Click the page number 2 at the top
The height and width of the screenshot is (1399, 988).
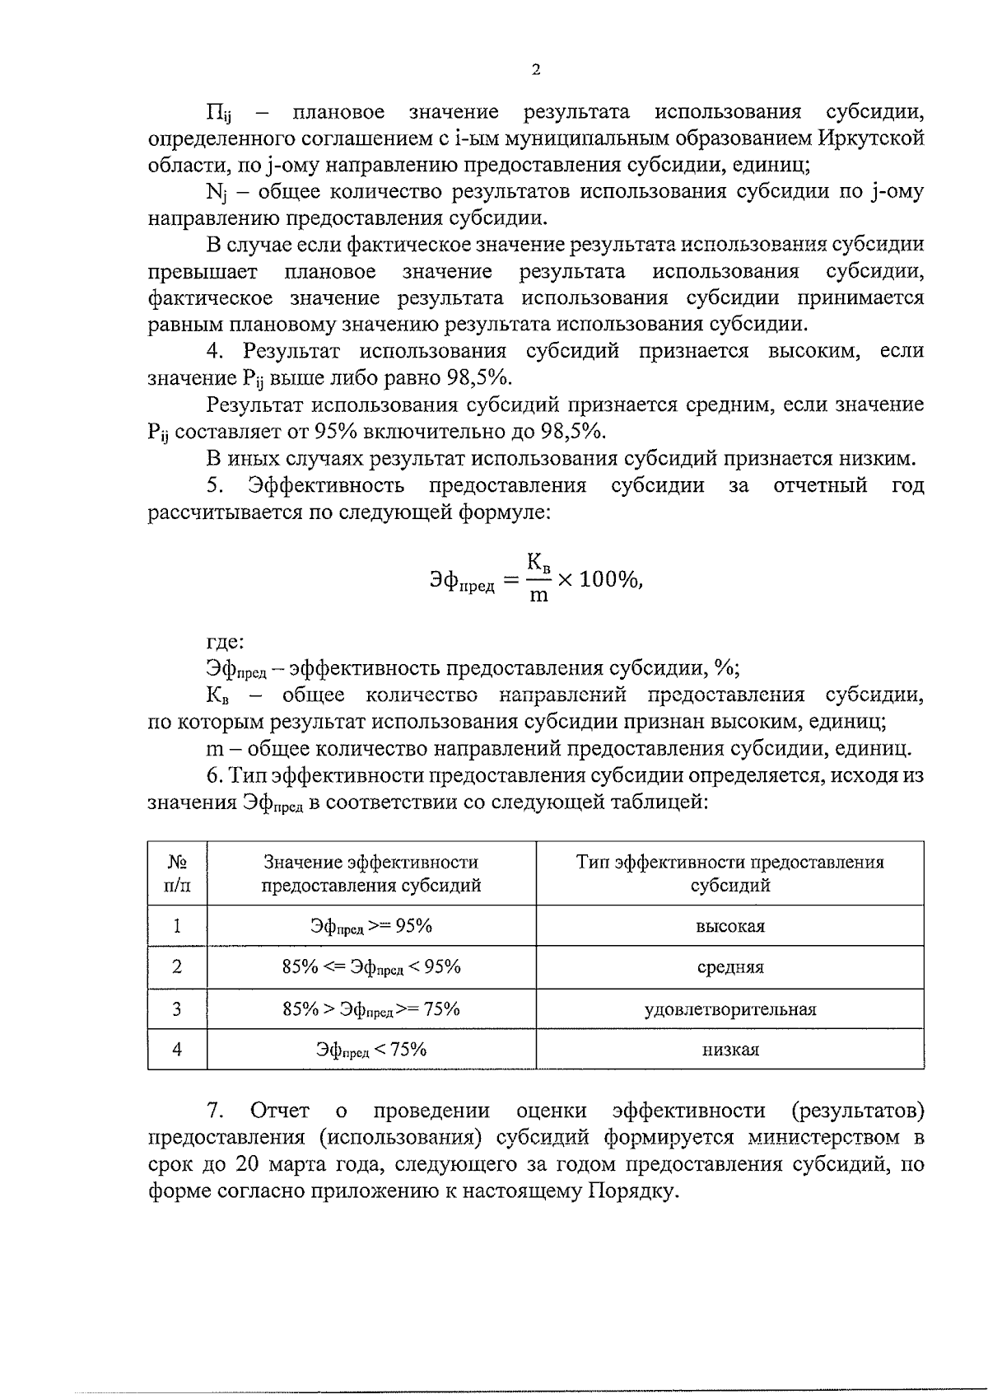coord(536,70)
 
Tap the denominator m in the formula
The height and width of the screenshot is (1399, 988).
coord(538,595)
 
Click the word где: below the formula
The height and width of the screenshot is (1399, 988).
coord(225,642)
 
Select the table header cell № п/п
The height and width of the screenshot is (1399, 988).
coord(177,873)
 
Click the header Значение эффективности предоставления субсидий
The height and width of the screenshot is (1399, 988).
coord(371,873)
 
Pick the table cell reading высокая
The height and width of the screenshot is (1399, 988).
coord(729,926)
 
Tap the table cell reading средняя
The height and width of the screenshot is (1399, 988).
coord(729,967)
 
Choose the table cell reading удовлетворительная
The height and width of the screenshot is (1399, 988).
coord(729,1009)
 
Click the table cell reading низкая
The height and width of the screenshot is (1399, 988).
coord(729,1050)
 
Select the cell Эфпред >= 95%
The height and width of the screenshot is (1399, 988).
coord(371,926)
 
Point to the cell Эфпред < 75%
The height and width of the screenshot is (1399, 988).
coord(371,1050)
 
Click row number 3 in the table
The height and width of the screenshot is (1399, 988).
coord(177,1009)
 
